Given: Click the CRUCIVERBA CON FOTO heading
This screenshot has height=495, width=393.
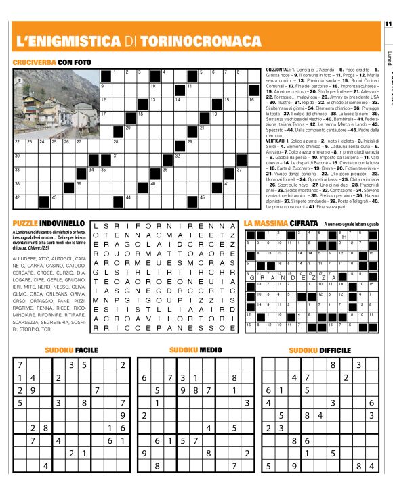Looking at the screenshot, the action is [x=52, y=62].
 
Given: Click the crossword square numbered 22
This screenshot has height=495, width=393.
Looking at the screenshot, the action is [x=19, y=143].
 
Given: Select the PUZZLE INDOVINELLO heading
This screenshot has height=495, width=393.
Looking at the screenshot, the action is [x=48, y=222].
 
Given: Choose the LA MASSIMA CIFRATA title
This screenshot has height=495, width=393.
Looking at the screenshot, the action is [x=281, y=222].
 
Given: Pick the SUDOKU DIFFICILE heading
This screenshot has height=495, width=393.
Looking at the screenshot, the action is [x=320, y=350].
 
